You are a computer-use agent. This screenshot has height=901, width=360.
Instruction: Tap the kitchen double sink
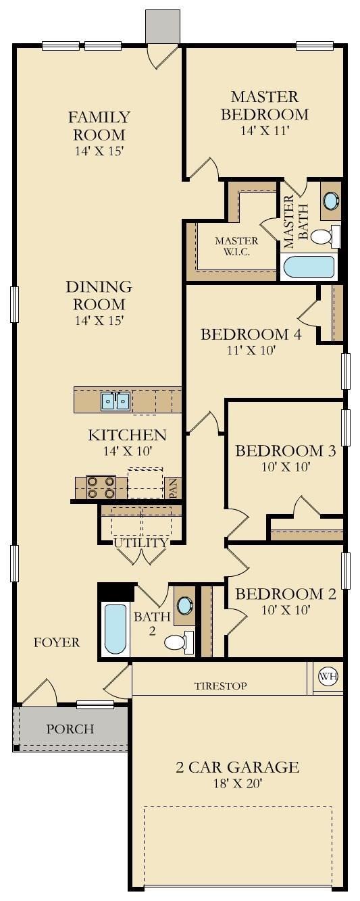pyautogui.click(x=115, y=401)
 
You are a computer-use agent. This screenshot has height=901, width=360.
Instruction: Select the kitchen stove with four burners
pyautogui.click(x=101, y=487)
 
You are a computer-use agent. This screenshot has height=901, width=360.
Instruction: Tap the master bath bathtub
pyautogui.click(x=309, y=267)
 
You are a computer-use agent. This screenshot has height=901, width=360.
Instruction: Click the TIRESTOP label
pyautogui.click(x=220, y=686)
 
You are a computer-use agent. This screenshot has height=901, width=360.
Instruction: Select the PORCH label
pyautogui.click(x=70, y=729)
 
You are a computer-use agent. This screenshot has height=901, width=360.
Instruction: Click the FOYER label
pyautogui.click(x=57, y=642)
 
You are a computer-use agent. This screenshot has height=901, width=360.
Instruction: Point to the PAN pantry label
pyautogui.click(x=174, y=488)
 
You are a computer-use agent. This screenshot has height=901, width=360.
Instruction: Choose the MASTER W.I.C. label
pyautogui.click(x=236, y=247)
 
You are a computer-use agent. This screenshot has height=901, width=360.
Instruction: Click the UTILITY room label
pyautogui.click(x=140, y=542)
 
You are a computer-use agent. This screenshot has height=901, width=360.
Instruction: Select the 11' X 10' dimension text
pyautogui.click(x=251, y=350)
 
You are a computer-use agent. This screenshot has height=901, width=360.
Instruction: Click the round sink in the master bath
pyautogui.click(x=331, y=201)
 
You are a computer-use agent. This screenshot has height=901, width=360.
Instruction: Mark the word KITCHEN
pyautogui.click(x=127, y=434)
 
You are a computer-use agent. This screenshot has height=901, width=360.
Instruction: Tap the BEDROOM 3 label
pyautogui.click(x=286, y=450)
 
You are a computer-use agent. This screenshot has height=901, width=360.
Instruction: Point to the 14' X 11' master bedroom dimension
pyautogui.click(x=264, y=131)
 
